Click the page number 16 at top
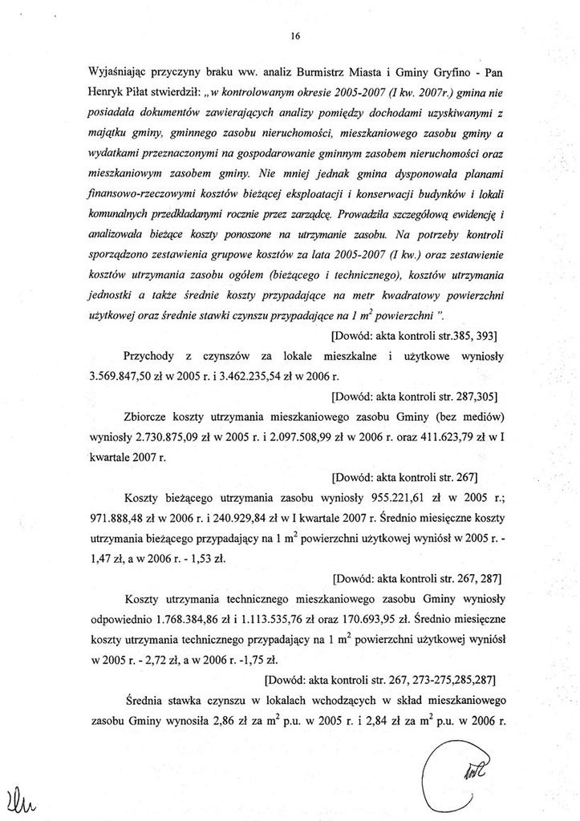(295, 36)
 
